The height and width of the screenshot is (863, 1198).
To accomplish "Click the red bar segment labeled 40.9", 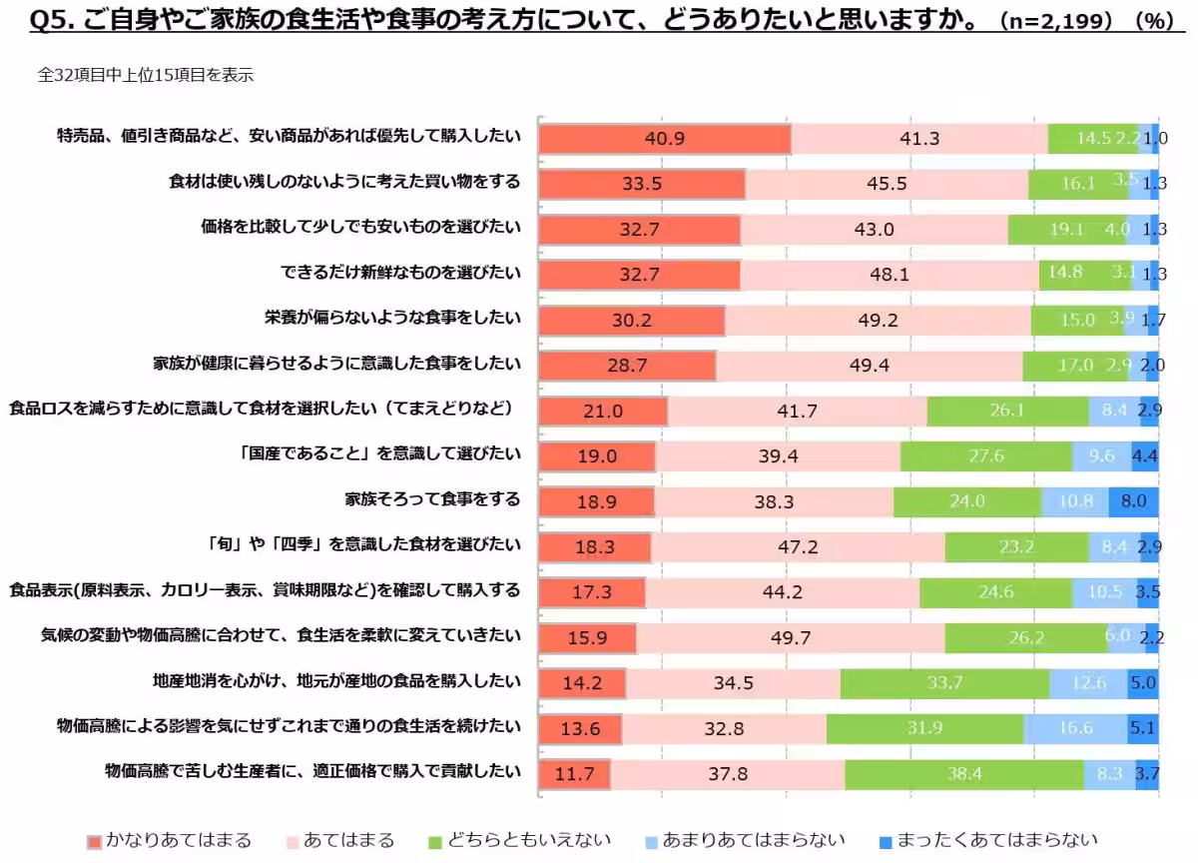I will click(665, 139).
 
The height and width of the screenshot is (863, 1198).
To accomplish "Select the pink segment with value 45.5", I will click(887, 184).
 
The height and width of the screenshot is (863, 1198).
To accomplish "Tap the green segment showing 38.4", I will click(964, 773).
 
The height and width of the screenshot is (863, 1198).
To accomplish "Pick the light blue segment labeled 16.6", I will click(1075, 728).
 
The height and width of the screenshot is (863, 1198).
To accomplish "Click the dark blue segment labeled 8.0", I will click(1133, 501).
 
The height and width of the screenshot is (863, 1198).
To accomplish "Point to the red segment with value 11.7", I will click(575, 773).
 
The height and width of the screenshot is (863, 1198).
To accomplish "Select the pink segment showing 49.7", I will click(791, 637).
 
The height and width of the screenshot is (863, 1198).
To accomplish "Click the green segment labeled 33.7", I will click(944, 683).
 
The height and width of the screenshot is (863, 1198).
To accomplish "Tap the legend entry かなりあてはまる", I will click(169, 841).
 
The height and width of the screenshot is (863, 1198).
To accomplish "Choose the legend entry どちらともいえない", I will click(518, 841).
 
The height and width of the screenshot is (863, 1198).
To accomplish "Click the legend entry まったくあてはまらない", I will click(987, 841).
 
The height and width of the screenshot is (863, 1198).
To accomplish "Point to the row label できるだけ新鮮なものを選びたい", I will click(400, 272).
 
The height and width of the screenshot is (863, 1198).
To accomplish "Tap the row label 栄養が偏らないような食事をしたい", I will click(392, 318).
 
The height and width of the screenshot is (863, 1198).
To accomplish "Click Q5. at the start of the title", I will click(55, 20).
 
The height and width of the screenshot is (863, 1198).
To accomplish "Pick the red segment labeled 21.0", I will click(603, 411).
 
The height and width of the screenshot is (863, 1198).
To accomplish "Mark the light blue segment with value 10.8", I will click(1075, 501).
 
